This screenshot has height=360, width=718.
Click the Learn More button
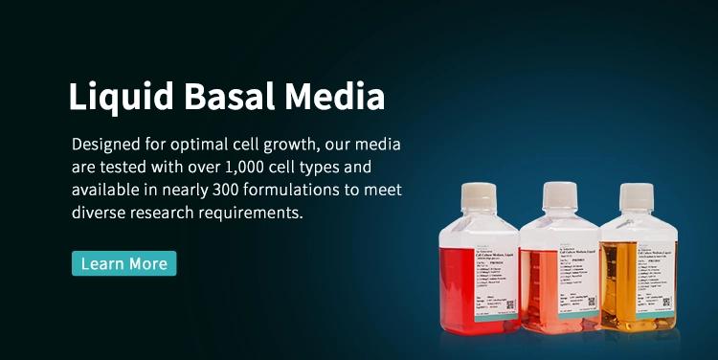(x=123, y=263)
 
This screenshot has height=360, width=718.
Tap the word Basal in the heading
(x=237, y=97)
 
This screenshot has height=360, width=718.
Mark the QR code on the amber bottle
(x=667, y=301)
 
